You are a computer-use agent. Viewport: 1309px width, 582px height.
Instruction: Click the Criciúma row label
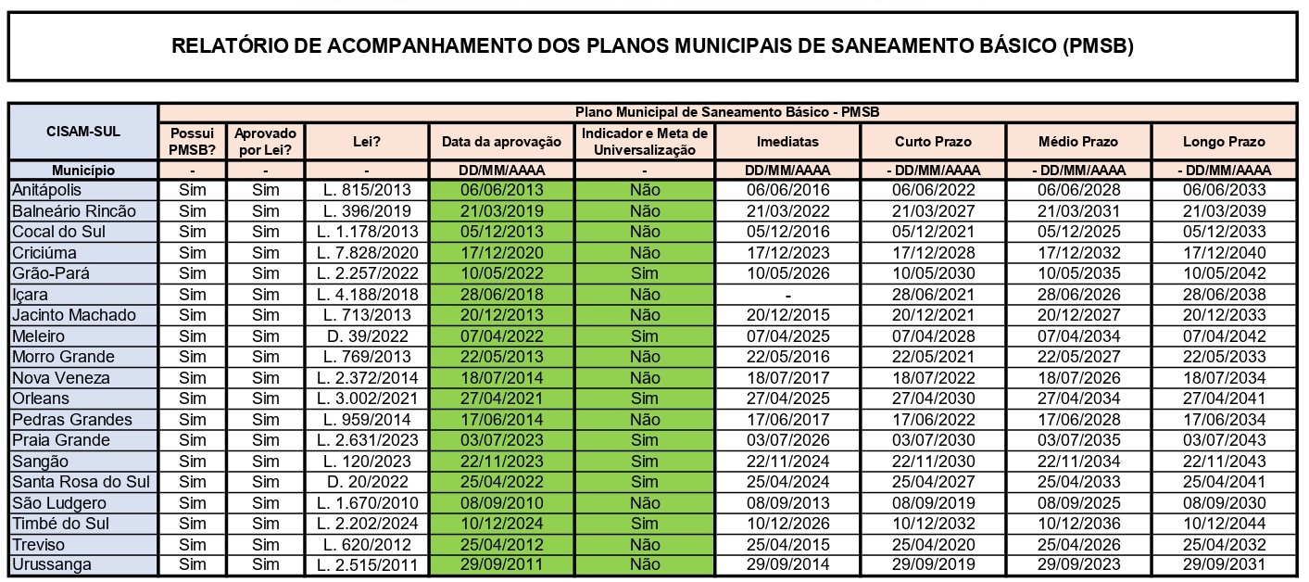(x=44, y=253)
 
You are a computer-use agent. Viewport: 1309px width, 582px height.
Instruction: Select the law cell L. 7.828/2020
(x=367, y=253)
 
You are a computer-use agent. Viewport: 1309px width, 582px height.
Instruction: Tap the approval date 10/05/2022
(x=501, y=273)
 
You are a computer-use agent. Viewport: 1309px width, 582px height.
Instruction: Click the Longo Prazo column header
(x=1224, y=142)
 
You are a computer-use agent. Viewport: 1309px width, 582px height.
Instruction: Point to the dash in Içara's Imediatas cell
(x=787, y=295)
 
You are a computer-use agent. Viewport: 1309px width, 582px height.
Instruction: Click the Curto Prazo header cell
(x=933, y=142)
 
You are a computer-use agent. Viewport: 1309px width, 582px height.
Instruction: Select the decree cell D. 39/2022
(x=367, y=336)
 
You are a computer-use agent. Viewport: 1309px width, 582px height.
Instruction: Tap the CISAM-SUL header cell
(x=83, y=132)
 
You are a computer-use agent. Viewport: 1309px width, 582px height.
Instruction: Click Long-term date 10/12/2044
(x=1224, y=523)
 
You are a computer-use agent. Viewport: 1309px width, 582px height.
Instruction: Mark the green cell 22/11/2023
(x=501, y=462)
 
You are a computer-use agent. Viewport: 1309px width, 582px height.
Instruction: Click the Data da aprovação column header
(x=501, y=142)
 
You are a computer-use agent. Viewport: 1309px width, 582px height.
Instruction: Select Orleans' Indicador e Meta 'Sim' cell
(x=645, y=399)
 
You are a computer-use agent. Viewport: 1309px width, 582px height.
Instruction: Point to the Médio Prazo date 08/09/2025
(x=1077, y=503)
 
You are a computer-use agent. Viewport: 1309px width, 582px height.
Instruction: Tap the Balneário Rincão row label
(x=73, y=211)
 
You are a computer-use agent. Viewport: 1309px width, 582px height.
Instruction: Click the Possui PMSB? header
(x=192, y=142)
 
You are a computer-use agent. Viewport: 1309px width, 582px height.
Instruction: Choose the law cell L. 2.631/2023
(x=367, y=440)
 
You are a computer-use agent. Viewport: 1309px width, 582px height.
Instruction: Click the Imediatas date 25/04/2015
(x=787, y=544)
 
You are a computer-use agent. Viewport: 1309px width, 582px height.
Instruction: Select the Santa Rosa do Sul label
(x=81, y=482)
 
